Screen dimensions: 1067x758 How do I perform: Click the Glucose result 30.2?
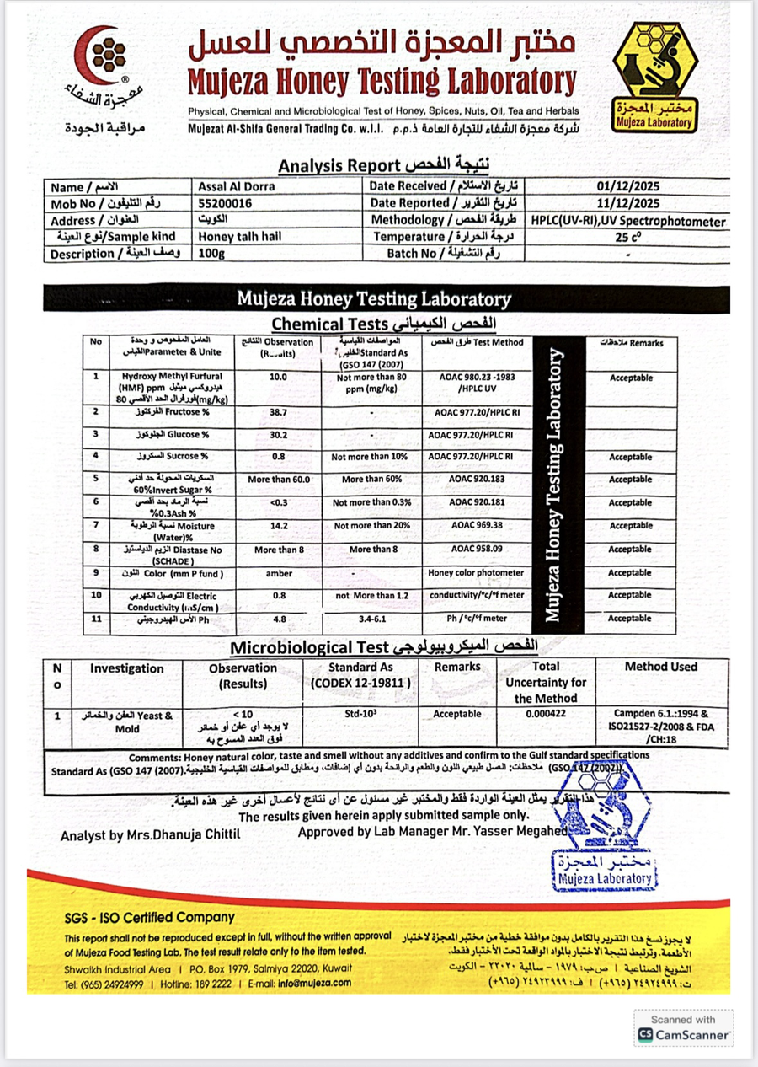tap(278, 433)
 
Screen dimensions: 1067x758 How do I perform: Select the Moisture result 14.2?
tap(278, 525)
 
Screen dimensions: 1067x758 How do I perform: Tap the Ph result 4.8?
tap(278, 618)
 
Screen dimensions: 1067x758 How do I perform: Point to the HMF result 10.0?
tap(278, 378)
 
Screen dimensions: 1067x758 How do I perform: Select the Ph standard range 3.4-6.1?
tap(371, 618)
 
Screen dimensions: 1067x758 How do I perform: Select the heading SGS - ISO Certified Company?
tap(150, 917)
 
